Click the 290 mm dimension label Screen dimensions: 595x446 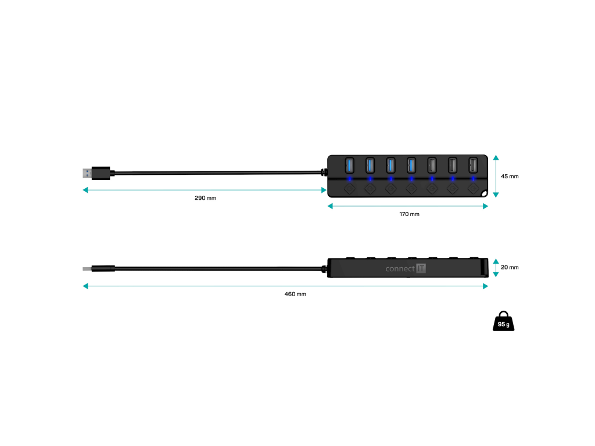pyautogui.click(x=205, y=198)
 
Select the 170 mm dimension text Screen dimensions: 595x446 pyautogui.click(x=409, y=214)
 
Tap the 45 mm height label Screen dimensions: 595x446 pyautogui.click(x=510, y=176)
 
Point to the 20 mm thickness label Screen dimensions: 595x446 pyautogui.click(x=510, y=267)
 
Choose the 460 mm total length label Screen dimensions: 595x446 pyautogui.click(x=295, y=294)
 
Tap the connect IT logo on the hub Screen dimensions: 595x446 pyautogui.click(x=406, y=268)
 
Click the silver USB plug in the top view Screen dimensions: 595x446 pyautogui.click(x=87, y=173)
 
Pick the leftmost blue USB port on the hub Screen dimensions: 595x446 pyautogui.click(x=349, y=166)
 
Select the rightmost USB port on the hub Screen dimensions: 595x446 pyautogui.click(x=473, y=166)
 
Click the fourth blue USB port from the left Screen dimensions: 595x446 pyautogui.click(x=411, y=166)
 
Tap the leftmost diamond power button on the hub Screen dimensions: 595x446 pyautogui.click(x=349, y=188)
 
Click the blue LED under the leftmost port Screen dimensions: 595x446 pyautogui.click(x=349, y=179)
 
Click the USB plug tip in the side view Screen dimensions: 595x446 pyautogui.click(x=87, y=269)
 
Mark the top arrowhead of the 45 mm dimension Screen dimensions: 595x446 pyautogui.click(x=496, y=157)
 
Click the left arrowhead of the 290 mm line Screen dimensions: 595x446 pyautogui.click(x=85, y=190)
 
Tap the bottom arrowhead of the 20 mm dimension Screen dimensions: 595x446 pyautogui.click(x=496, y=274)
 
